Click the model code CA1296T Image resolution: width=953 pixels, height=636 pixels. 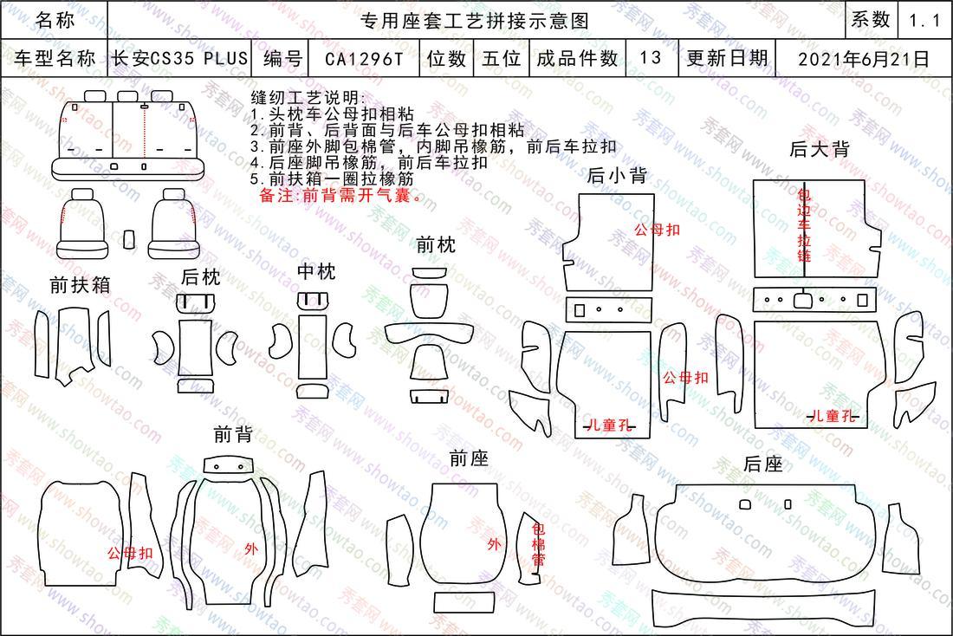point(364,58)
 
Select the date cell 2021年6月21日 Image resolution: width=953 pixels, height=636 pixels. point(864,58)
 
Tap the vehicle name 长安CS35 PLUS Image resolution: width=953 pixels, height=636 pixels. point(179,58)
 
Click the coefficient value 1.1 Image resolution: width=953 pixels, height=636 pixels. point(924,21)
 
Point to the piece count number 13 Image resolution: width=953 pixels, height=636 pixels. point(651,58)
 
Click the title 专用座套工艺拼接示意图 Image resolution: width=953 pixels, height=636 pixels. point(475,21)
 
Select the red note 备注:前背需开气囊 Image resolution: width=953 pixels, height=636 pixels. point(340,195)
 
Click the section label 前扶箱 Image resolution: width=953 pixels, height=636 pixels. point(80,284)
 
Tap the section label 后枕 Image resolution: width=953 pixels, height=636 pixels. point(201,277)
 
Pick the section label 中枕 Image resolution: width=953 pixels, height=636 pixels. point(316,271)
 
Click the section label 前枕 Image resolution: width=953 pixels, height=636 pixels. point(436,245)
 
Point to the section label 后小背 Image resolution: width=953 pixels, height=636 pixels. point(616,176)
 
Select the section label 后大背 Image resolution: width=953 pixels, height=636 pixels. point(819,149)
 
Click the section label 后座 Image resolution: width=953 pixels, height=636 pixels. point(762,464)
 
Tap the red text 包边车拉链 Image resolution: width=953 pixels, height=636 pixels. point(804,225)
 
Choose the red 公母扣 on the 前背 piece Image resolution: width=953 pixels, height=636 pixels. point(130,554)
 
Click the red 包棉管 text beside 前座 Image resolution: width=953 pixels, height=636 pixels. point(539,544)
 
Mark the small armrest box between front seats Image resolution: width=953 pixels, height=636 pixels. point(129,239)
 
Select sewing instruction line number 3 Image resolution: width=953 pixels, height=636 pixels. point(433,146)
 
